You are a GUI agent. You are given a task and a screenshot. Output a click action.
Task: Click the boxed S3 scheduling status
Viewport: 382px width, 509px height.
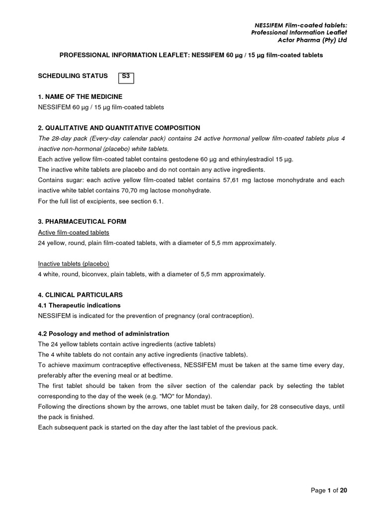pyautogui.click(x=126, y=77)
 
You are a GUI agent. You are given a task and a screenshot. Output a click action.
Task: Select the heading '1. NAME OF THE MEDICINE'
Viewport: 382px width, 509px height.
pyautogui.click(x=80, y=96)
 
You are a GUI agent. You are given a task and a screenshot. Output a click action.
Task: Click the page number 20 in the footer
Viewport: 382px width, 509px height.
pyautogui.click(x=343, y=490)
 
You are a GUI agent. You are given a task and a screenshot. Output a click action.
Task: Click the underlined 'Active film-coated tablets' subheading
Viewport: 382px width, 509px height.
pyautogui.click(x=74, y=232)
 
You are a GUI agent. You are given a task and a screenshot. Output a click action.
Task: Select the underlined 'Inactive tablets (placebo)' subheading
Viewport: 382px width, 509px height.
pyautogui.click(x=74, y=263)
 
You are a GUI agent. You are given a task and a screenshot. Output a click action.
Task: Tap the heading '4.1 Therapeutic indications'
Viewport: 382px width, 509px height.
pyautogui.click(x=79, y=305)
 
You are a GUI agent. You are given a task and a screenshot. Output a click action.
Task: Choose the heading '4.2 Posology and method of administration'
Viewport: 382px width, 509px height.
pyautogui.click(x=103, y=334)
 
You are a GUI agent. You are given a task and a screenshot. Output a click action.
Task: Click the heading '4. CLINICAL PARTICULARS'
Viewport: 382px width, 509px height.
pyautogui.click(x=80, y=295)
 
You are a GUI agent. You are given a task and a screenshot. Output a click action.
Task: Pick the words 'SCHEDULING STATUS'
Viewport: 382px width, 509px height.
pyautogui.click(x=73, y=76)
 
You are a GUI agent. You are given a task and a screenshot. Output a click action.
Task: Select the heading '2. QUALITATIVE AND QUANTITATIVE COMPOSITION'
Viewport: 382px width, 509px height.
pyautogui.click(x=119, y=128)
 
